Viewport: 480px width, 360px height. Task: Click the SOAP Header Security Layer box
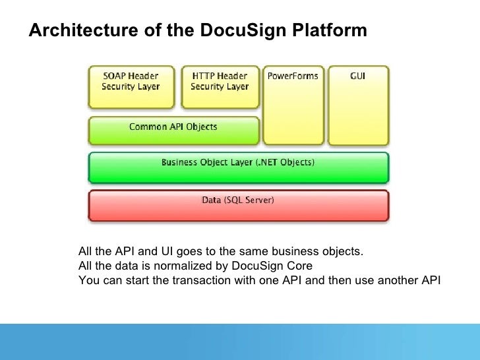131,86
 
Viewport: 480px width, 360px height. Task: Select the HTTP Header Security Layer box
220,86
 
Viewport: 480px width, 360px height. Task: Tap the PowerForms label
292,76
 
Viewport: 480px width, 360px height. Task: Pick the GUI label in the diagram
358,76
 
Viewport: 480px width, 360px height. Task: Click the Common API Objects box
173,130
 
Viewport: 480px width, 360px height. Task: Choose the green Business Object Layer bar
238,167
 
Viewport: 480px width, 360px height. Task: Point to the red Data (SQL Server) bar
238,204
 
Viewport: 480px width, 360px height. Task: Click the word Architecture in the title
69,30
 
